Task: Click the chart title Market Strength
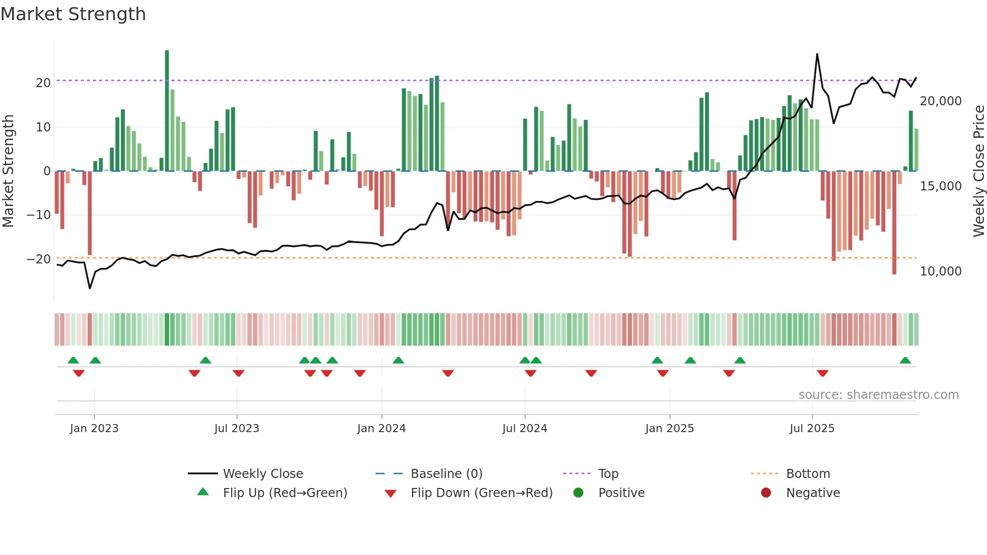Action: (73, 14)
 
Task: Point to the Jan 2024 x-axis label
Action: (381, 429)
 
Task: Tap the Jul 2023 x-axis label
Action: (237, 429)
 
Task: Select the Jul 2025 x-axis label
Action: (812, 429)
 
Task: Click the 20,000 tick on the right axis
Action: (941, 101)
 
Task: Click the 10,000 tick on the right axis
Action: (941, 271)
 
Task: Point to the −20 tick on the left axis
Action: (39, 259)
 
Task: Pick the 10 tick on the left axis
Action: (43, 127)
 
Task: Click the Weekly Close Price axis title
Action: (978, 171)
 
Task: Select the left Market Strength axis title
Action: (8, 171)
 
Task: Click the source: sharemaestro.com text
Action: (878, 395)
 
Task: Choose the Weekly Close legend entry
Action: (263, 474)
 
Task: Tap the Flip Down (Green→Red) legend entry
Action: (481, 493)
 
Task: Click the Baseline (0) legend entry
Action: (446, 474)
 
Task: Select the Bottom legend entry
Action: (808, 474)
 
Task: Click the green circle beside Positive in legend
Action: (579, 493)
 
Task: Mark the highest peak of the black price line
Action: (817, 54)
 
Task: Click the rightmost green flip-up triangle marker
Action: (905, 361)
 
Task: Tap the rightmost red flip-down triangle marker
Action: (822, 373)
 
